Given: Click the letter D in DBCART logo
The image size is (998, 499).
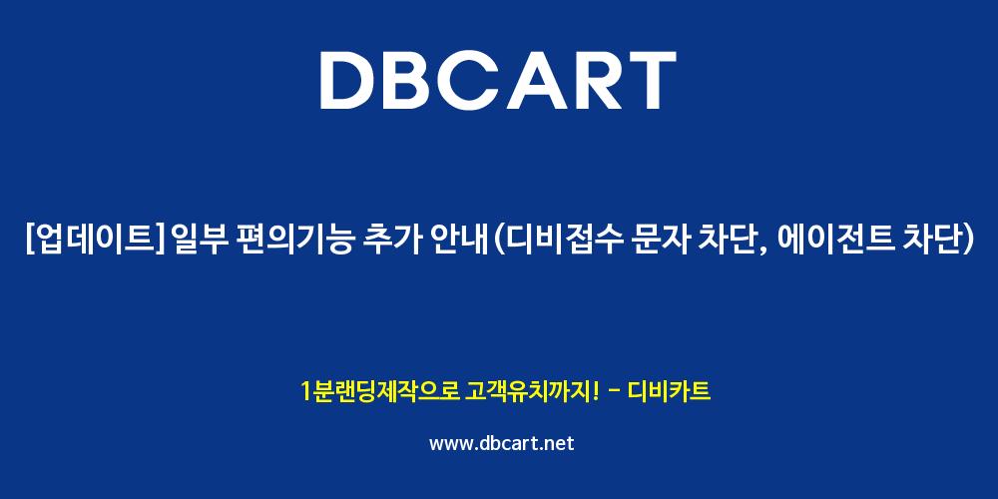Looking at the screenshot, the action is pyautogui.click(x=350, y=81).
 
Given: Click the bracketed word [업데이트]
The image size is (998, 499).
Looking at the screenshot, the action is pyautogui.click(x=96, y=241).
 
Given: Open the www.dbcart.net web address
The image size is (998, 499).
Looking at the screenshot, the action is pyautogui.click(x=502, y=443).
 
